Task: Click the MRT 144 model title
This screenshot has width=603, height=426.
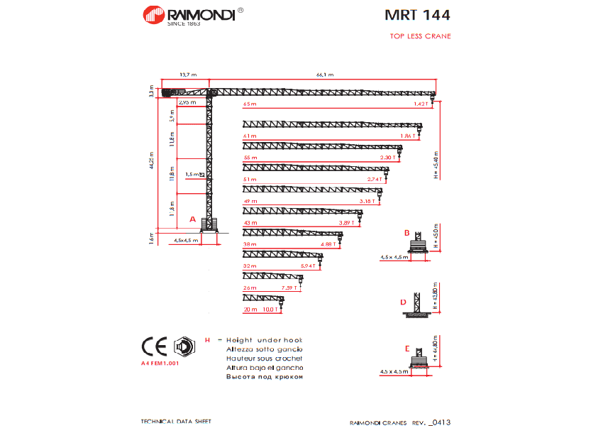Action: (417, 14)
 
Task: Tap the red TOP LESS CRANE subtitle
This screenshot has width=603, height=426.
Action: (420, 36)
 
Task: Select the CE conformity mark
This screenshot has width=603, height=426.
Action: (154, 346)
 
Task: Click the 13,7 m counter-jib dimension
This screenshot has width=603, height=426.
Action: (187, 75)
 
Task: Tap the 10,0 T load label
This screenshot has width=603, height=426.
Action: (270, 310)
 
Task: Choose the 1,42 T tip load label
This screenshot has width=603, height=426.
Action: (421, 104)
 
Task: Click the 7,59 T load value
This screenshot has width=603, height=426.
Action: (289, 288)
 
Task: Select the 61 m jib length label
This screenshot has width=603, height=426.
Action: (249, 136)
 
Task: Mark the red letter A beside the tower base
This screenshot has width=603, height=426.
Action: (192, 220)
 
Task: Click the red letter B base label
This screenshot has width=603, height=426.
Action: (406, 233)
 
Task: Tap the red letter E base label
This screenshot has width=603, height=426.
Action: (406, 349)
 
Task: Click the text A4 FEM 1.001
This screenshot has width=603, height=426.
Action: (160, 363)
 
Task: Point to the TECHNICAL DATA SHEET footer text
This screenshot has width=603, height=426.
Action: (176, 421)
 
